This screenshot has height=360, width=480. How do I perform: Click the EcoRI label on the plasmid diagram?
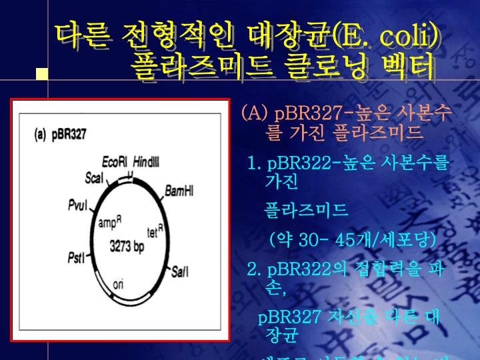(114, 163)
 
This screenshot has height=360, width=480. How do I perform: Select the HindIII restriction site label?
(146, 163)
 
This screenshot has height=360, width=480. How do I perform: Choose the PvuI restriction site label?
(78, 205)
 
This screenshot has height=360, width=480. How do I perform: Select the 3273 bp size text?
(127, 246)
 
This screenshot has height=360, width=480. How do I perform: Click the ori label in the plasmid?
(118, 283)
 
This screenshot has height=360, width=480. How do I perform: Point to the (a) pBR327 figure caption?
(60, 134)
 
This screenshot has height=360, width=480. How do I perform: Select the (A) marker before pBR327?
(255, 111)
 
